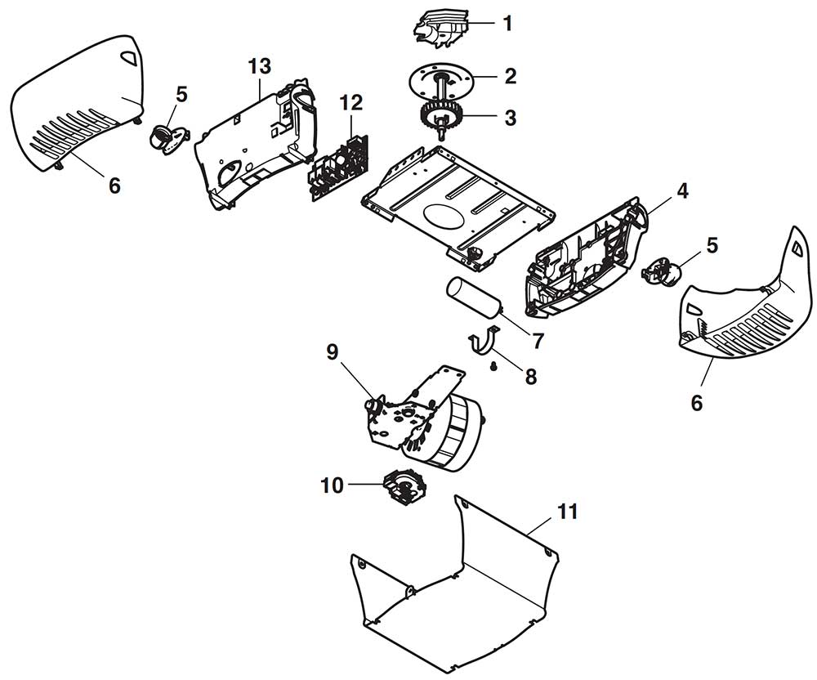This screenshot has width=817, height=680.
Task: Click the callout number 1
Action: click(x=507, y=24)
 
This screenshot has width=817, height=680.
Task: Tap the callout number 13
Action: click(x=259, y=67)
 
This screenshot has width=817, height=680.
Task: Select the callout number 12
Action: click(x=351, y=103)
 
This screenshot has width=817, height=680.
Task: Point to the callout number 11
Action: click(x=567, y=512)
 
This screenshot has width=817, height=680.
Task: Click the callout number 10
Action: click(x=333, y=485)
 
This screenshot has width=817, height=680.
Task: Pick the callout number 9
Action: click(x=333, y=352)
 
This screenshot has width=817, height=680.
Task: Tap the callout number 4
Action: click(x=682, y=191)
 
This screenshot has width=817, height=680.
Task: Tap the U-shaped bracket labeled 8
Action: click(x=483, y=344)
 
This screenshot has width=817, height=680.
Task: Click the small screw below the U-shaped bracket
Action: click(x=493, y=368)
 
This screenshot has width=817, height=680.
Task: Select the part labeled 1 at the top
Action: click(x=440, y=29)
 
